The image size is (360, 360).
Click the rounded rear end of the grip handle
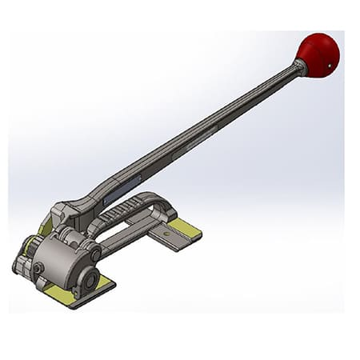(166, 206)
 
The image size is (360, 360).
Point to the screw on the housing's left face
(37, 268)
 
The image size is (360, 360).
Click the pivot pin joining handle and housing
(95, 254)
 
